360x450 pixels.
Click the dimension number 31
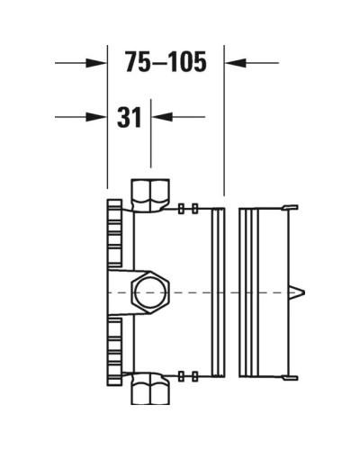(x=130, y=116)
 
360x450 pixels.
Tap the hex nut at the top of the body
(x=149, y=193)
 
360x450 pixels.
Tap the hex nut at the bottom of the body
(x=149, y=391)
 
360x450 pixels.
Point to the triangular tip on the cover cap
(x=300, y=292)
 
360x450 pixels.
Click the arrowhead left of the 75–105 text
(x=98, y=62)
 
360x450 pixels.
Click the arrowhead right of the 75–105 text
(x=233, y=62)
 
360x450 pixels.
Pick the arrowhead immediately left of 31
(x=98, y=116)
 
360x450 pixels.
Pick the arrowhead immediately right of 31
(x=160, y=116)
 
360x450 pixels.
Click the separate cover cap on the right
(x=265, y=292)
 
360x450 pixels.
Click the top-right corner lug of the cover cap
(x=291, y=208)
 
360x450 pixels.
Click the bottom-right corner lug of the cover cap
(x=291, y=377)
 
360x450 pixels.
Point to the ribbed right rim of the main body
(x=217, y=292)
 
